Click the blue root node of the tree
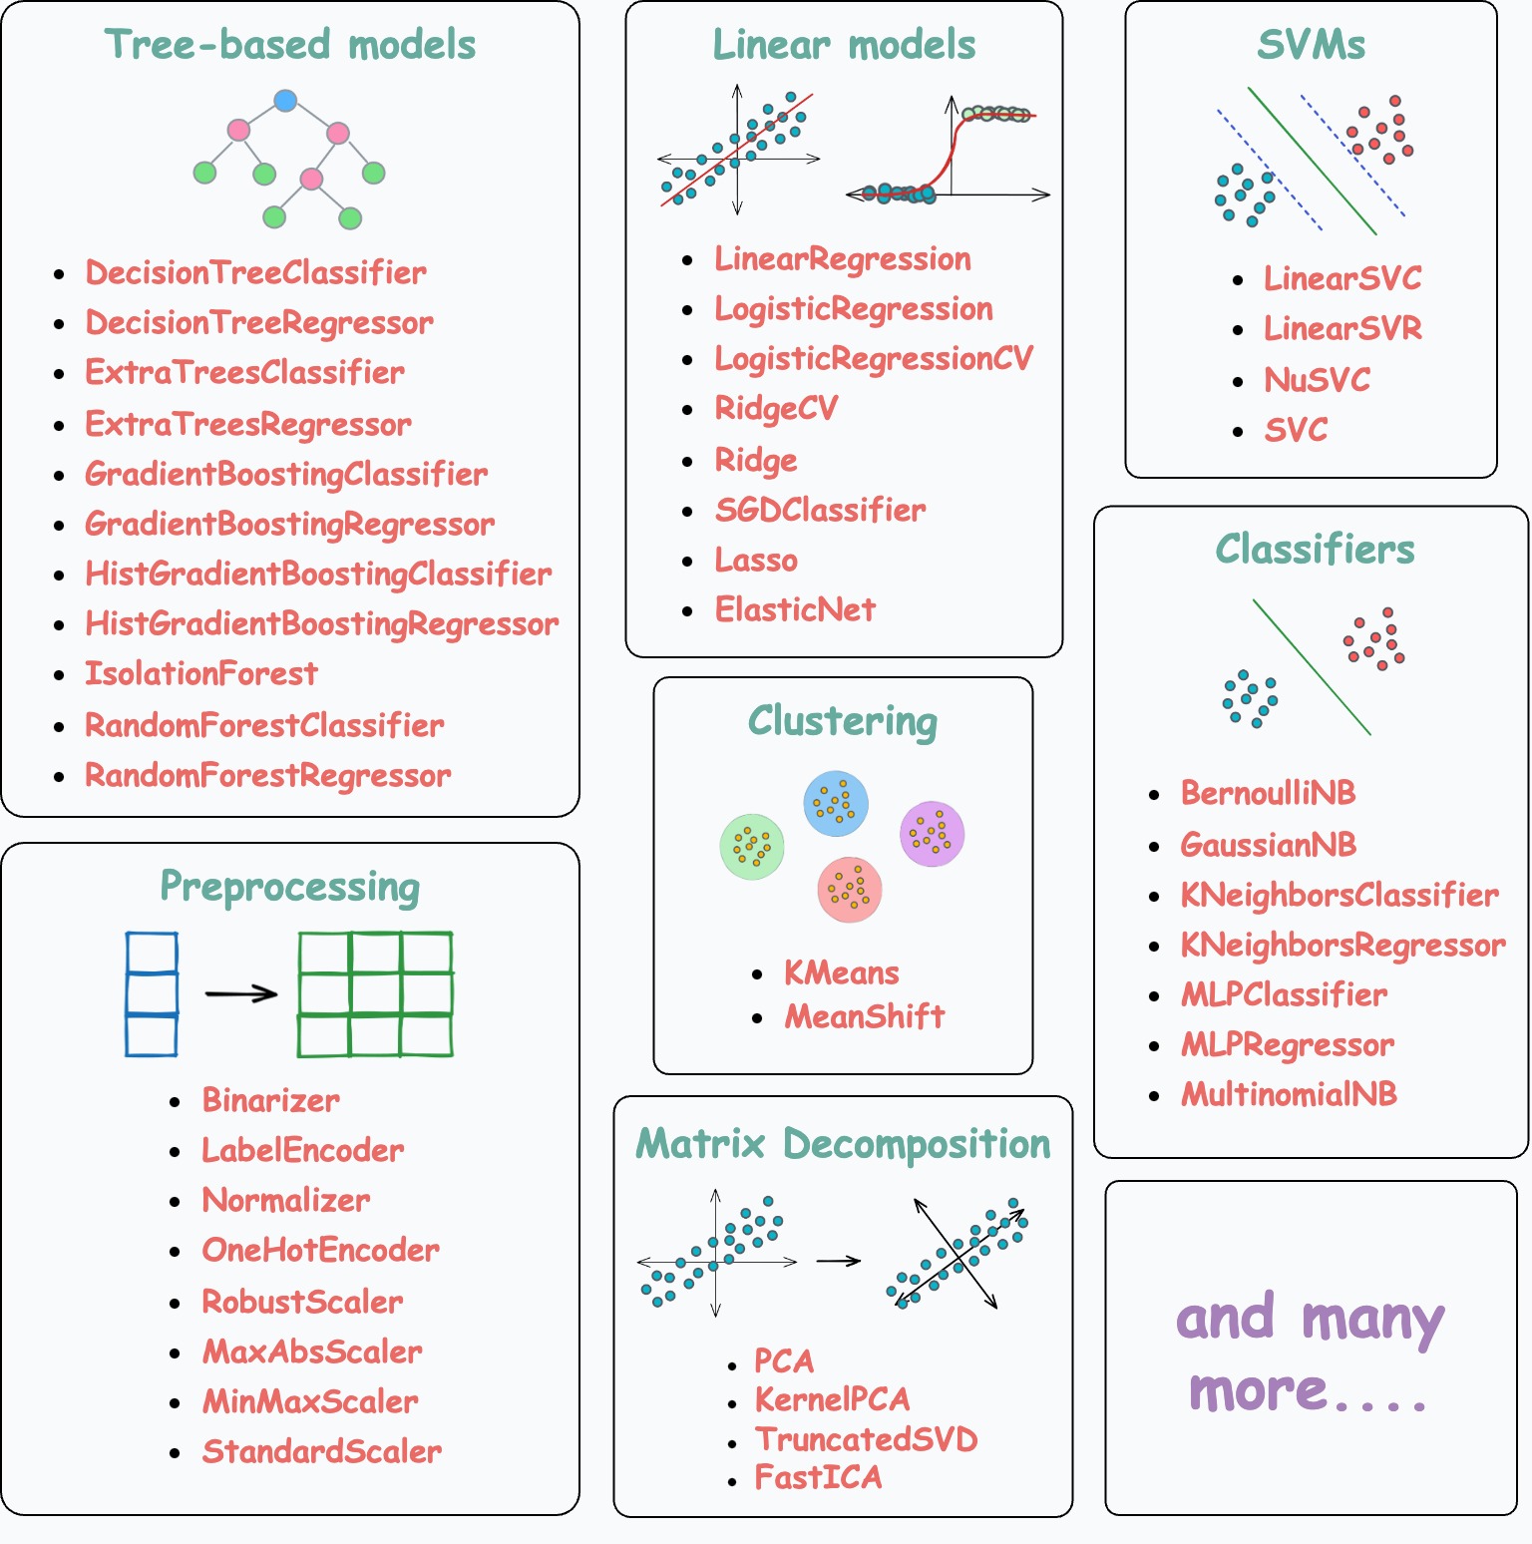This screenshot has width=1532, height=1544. [285, 101]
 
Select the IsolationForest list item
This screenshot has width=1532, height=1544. [200, 674]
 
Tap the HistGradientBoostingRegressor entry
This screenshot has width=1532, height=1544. [321, 624]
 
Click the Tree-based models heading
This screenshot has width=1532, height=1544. [289, 45]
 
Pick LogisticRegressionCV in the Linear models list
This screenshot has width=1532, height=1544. [873, 359]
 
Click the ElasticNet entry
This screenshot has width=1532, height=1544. [795, 609]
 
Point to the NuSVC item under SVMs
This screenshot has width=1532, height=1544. [1317, 380]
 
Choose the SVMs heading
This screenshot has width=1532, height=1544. [1311, 45]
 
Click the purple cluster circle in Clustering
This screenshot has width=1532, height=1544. [932, 834]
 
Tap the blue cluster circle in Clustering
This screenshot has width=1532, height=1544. [836, 803]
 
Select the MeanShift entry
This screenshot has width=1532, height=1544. [864, 1016]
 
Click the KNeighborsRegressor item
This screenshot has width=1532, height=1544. [1342, 946]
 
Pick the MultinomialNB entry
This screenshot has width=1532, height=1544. [1289, 1095]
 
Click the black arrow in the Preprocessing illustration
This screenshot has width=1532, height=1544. [240, 993]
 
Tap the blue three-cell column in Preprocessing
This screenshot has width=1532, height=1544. [152, 993]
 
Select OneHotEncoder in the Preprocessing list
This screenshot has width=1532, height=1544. [320, 1251]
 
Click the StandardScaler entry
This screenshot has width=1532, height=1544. [321, 1452]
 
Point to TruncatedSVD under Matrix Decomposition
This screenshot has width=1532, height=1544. [866, 1439]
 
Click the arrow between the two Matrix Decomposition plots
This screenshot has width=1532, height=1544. [838, 1261]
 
